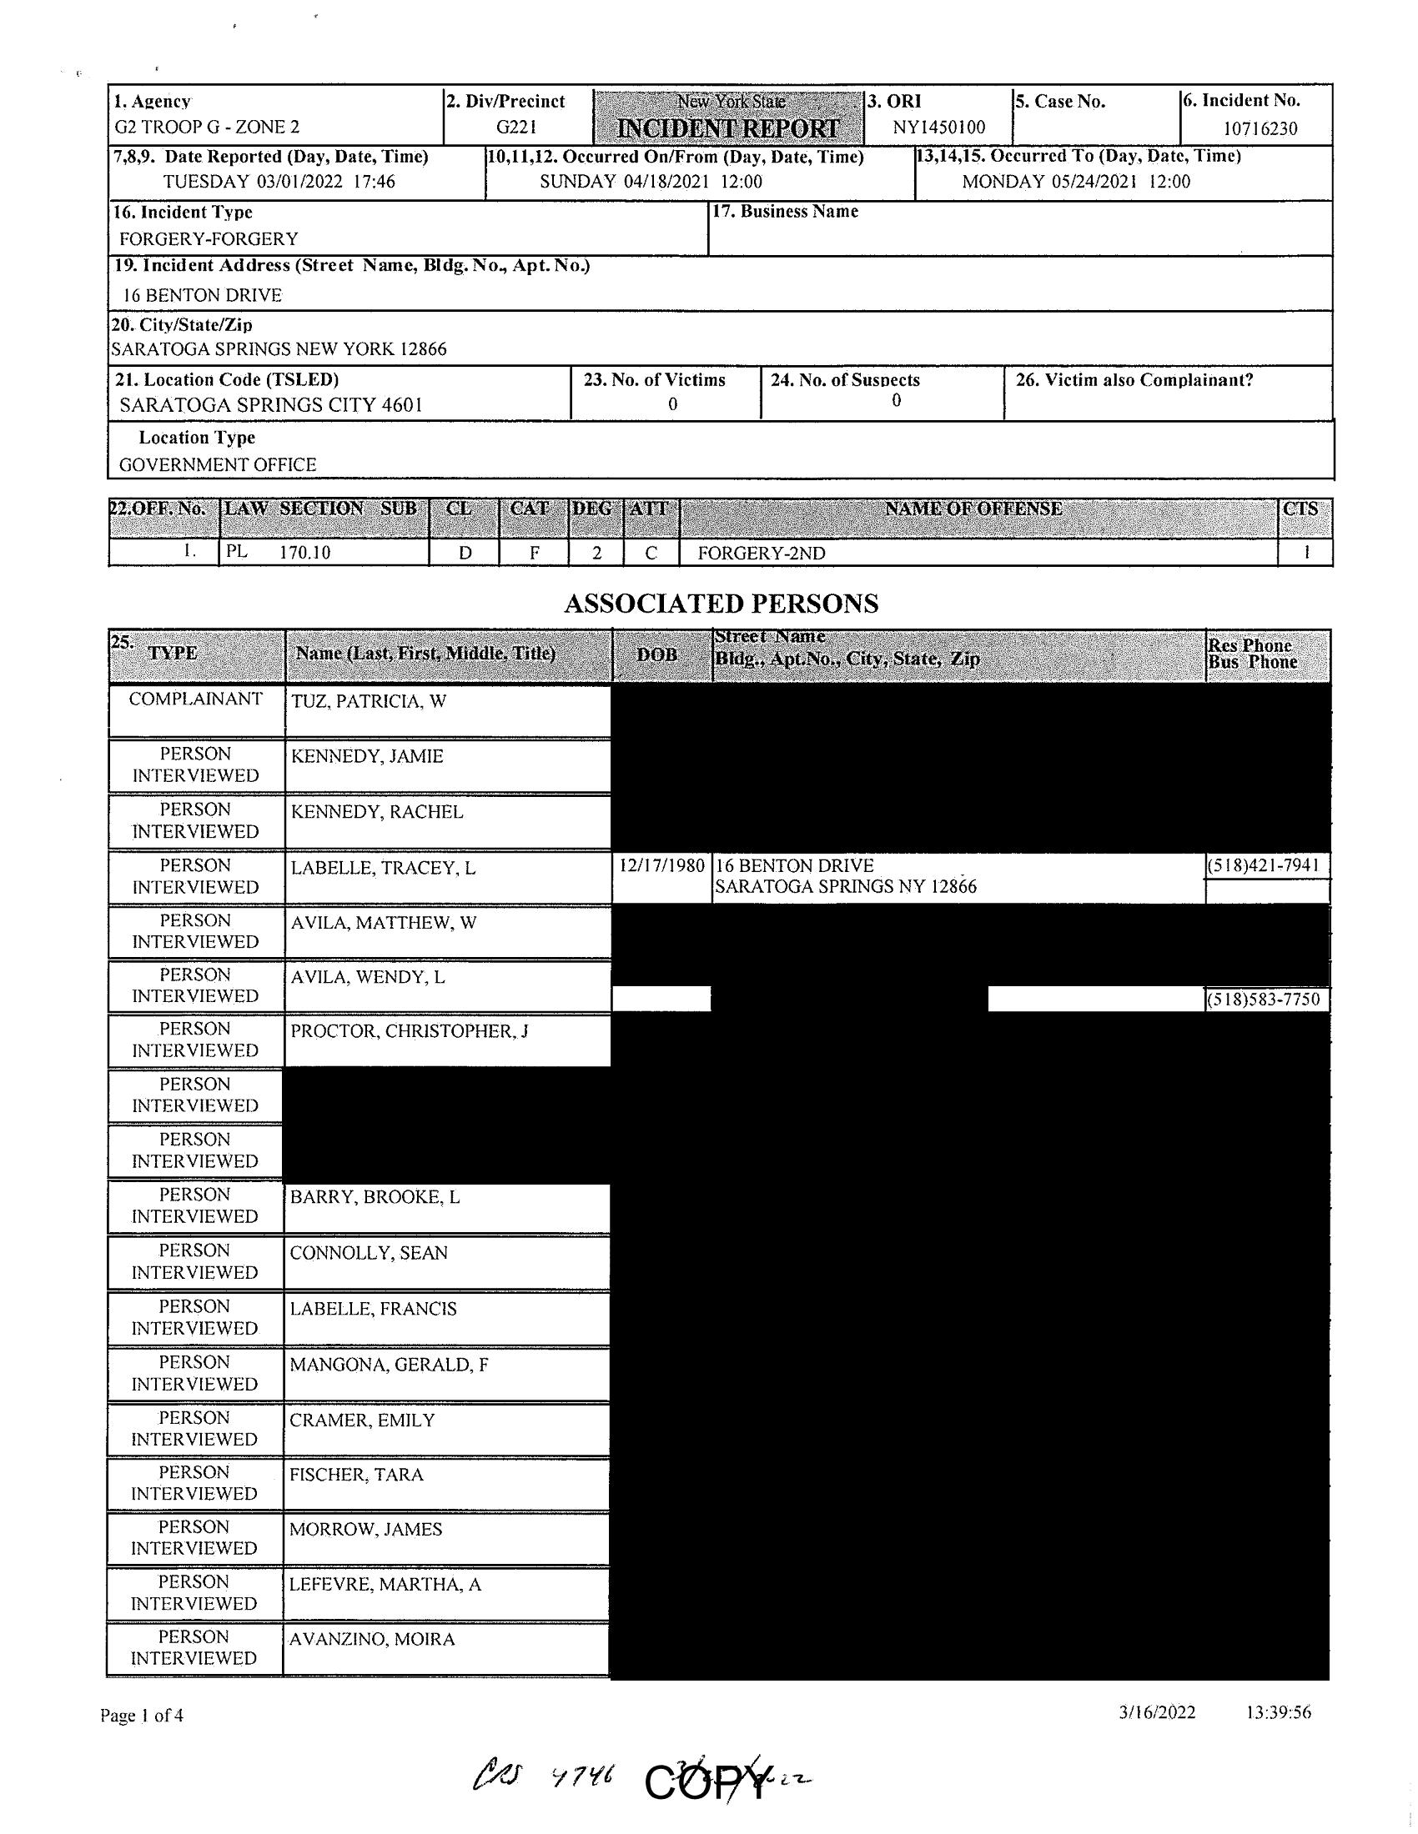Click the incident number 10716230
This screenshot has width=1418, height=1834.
tap(1260, 128)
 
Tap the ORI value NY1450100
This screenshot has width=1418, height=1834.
tap(938, 128)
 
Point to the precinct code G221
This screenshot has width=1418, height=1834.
tap(515, 128)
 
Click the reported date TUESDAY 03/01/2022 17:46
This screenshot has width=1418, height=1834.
tap(279, 182)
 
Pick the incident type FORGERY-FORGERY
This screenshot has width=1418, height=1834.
tap(209, 238)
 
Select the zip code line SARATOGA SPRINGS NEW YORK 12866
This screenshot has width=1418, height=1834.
tap(279, 349)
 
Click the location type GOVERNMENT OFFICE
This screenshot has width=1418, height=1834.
tap(218, 464)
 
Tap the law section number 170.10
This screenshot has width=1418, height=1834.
tap(305, 554)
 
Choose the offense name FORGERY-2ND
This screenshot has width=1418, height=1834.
tap(761, 554)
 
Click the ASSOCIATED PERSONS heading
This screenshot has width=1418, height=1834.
tap(721, 604)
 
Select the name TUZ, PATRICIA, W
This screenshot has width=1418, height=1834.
tap(368, 701)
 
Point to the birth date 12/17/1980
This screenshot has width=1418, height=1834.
tap(661, 865)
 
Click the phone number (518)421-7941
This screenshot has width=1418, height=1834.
tap(1268, 865)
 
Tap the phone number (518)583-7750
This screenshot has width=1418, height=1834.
tap(1268, 1000)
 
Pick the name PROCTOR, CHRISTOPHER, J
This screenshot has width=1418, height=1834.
tap(409, 1031)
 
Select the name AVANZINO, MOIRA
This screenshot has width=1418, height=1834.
tap(371, 1638)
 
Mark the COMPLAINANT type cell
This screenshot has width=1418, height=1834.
tap(195, 699)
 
